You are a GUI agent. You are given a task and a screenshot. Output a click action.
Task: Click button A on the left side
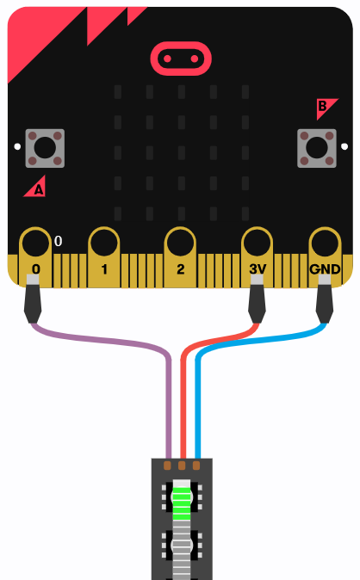click(45, 148)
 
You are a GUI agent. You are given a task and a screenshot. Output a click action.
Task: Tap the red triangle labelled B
click(325, 107)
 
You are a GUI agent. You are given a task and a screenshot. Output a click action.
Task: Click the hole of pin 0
click(35, 243)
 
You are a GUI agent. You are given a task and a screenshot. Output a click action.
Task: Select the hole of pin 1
click(104, 243)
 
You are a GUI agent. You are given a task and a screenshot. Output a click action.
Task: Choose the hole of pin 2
click(180, 243)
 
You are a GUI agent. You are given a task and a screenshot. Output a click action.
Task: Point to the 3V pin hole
click(257, 243)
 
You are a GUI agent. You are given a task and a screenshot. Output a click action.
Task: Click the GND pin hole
click(325, 243)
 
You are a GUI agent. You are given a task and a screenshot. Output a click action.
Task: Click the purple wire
click(111, 340)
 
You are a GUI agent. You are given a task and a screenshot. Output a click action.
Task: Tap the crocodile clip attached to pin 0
click(33, 299)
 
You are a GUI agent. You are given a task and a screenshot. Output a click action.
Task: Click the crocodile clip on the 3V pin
click(257, 299)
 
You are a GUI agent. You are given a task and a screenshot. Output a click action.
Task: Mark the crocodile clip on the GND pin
click(325, 299)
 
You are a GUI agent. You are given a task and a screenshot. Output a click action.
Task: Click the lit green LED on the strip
click(182, 498)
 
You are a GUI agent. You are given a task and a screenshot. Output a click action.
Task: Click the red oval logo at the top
click(181, 59)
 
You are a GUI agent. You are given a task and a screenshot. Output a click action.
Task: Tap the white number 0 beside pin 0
click(59, 241)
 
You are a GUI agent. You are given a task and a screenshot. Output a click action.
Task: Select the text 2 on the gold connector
click(180, 268)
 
